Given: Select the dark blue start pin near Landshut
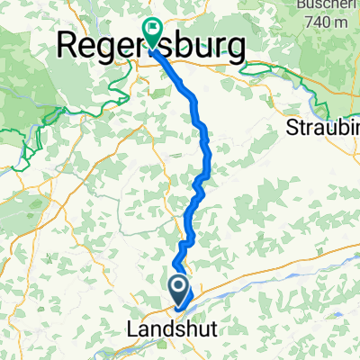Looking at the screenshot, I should [179, 290].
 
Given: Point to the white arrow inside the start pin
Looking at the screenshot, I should [179, 288].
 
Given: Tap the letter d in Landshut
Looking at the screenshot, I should [163, 329].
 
